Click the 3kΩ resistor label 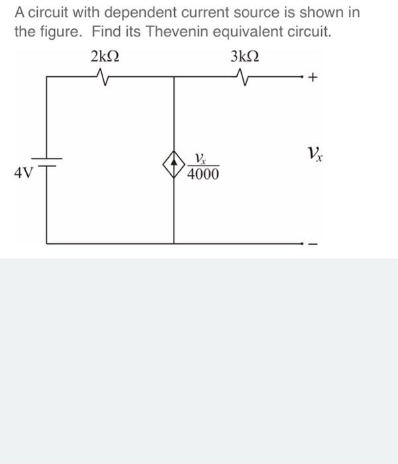(245, 58)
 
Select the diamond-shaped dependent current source (174, 161)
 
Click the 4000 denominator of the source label (203, 174)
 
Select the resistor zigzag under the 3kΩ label (245, 78)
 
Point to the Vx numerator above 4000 (201, 158)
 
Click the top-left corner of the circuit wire (47, 77)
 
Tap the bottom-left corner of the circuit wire (47, 244)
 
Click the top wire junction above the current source (174, 77)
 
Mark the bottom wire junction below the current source (174, 244)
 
